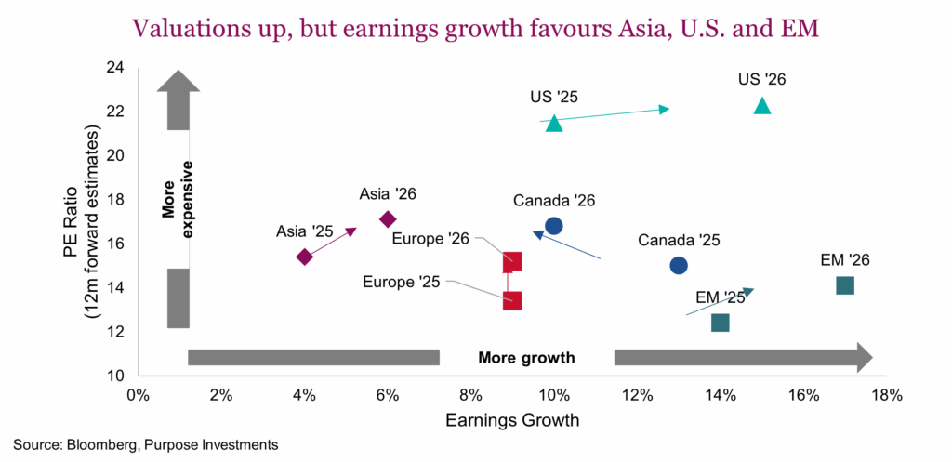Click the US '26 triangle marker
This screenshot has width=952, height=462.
coord(762,106)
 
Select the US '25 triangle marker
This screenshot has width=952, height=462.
coord(554,123)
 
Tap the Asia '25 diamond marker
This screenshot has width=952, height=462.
coord(304,257)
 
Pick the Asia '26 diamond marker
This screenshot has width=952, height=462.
coord(388,219)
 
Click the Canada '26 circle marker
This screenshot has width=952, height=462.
coord(554,226)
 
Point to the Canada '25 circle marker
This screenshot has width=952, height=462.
coord(679,265)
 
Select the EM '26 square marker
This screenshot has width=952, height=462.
coord(845,285)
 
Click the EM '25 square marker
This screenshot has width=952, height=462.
coord(720,323)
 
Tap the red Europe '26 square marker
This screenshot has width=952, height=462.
coord(511,262)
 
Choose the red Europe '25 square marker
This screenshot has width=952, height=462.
coord(511,300)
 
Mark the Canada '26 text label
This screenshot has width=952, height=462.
coord(554,201)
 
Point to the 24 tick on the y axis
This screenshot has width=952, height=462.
coord(117,68)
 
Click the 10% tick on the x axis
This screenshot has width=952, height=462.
coord(554,395)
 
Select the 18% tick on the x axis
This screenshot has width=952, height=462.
coord(887,395)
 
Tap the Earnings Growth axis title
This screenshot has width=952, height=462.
coord(512,420)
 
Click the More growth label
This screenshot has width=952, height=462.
coord(526,358)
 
